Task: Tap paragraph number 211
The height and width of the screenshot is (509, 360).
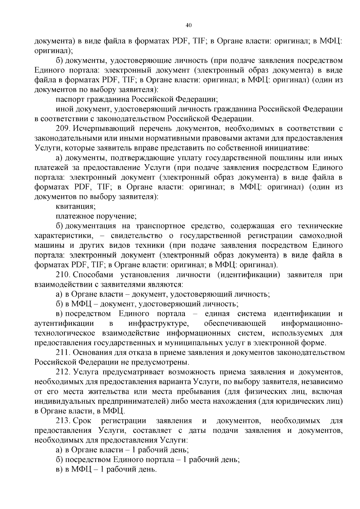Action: coord(63,352)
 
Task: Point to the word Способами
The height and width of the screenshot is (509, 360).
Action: coord(93,275)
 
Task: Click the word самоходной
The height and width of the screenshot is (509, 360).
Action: coord(322,236)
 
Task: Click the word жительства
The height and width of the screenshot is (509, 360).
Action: coord(106,391)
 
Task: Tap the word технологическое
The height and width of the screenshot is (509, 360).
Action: coord(64,333)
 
